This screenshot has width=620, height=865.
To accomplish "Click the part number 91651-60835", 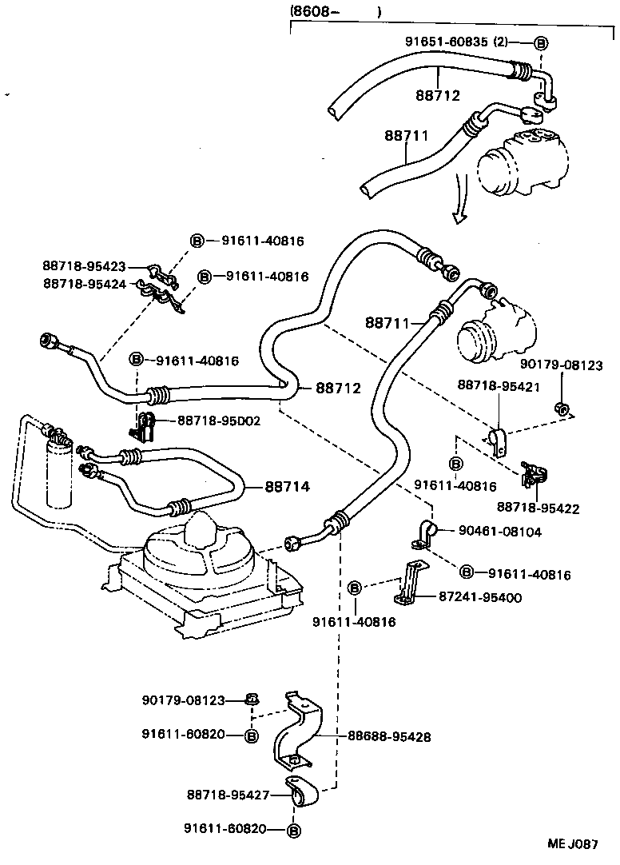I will [x=446, y=42].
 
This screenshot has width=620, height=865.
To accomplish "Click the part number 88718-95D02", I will [x=219, y=420].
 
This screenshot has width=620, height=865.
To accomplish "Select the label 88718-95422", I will [x=538, y=508].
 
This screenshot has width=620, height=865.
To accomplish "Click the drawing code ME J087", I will [x=572, y=843].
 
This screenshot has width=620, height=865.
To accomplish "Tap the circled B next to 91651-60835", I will [x=539, y=42].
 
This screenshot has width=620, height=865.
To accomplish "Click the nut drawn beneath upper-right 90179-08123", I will [x=562, y=410].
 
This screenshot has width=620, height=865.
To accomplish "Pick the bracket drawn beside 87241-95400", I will [x=408, y=584].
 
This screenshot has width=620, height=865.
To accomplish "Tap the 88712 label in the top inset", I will [x=438, y=95].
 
